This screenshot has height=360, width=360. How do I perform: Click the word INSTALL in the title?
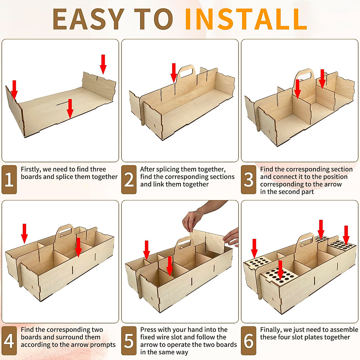(246, 19)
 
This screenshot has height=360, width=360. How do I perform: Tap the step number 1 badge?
(9, 179)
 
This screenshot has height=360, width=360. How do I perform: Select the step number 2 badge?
(129, 179)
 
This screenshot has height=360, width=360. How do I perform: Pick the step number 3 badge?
(249, 179)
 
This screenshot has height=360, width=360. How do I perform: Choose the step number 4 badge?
(9, 340)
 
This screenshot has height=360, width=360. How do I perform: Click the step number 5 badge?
(129, 340)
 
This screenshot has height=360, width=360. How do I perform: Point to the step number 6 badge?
(249, 340)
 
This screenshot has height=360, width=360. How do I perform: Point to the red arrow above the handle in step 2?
(174, 73)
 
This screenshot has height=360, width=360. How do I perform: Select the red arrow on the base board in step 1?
(70, 109)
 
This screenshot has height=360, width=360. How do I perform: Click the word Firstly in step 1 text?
(31, 169)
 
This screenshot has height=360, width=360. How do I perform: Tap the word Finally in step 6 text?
(271, 330)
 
